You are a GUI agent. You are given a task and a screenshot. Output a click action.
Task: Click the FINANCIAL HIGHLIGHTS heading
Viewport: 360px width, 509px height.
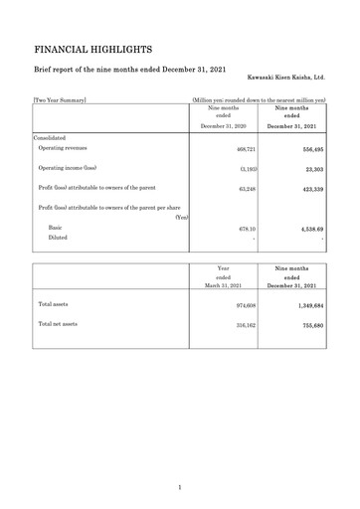tap(92, 48)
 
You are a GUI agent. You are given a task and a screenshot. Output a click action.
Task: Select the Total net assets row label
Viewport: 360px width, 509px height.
tap(58, 324)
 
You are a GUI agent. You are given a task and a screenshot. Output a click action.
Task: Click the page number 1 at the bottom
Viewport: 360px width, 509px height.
tap(180, 487)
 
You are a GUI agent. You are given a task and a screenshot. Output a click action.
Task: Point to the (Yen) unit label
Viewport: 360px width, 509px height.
tap(181, 217)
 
